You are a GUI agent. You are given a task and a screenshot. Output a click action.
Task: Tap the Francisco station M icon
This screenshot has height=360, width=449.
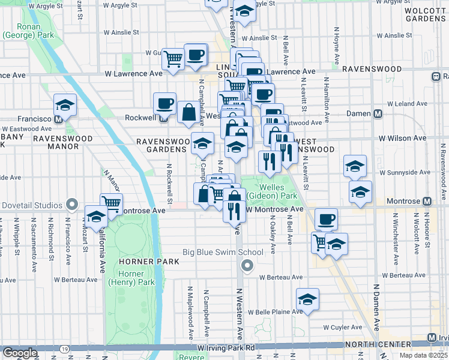(58, 119)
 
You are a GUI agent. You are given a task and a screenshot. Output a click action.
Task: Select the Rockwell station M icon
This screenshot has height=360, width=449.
(163, 118)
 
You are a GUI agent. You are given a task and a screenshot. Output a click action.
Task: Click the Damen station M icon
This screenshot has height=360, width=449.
(378, 113)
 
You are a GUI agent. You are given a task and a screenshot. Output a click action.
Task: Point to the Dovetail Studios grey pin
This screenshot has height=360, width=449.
(72, 205)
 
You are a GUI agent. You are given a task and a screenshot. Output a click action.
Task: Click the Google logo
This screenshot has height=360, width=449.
(20, 353)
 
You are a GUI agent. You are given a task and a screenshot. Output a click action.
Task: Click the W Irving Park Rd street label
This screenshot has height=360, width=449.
(226, 348)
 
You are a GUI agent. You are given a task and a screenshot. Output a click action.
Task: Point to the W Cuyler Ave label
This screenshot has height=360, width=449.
(342, 328)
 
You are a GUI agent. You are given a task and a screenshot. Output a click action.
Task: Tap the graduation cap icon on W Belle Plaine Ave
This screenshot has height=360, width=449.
(307, 299)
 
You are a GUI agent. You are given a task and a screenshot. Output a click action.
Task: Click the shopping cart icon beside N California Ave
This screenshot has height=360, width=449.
(111, 203)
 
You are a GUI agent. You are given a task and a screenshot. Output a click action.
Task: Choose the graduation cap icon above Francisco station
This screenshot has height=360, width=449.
(65, 105)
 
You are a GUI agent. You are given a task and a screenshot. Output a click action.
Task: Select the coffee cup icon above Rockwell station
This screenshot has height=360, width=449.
(164, 103)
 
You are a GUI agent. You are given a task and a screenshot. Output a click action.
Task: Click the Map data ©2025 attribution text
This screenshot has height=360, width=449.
(423, 355)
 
